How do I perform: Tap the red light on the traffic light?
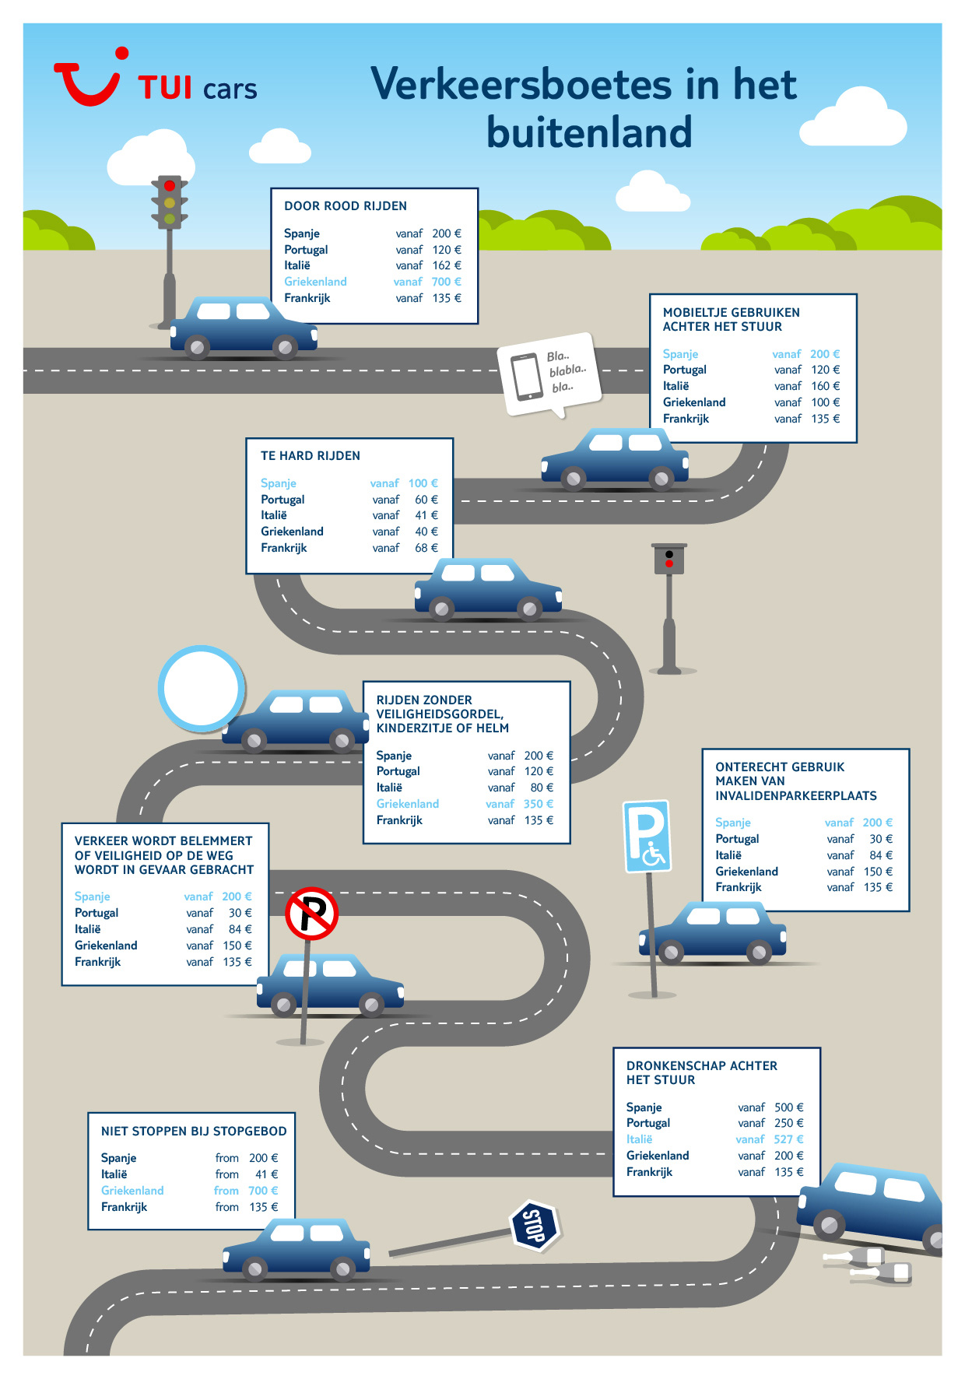tap(170, 186)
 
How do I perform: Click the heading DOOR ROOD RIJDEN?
tap(346, 206)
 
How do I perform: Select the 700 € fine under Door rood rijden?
tap(447, 282)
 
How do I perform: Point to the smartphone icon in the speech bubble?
tap(527, 377)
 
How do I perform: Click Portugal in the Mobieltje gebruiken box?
tap(685, 370)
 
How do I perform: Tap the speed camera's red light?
tap(669, 563)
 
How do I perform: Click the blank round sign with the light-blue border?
tap(202, 689)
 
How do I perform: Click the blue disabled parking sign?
tap(647, 837)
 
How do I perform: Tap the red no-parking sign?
tap(312, 914)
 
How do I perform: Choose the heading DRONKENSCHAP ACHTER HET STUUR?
tap(702, 1072)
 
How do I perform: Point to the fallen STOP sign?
tap(535, 1226)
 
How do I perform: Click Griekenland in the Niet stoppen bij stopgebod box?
tap(132, 1191)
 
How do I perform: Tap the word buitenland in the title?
tap(589, 132)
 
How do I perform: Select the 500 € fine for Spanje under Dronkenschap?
tap(789, 1107)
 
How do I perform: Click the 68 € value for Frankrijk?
tap(426, 548)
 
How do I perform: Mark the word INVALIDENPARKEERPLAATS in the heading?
tap(796, 796)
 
